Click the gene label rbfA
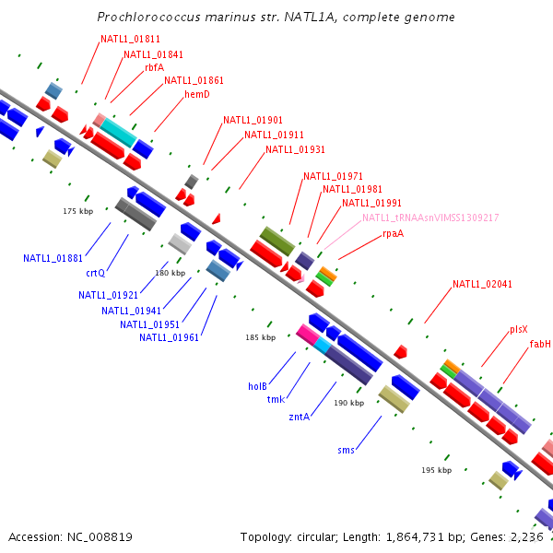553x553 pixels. coord(154,67)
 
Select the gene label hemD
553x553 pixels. coord(197,94)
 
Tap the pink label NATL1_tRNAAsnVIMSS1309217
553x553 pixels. coord(430,218)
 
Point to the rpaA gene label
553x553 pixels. coord(393,233)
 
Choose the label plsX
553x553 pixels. coord(519,329)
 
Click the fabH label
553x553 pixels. coord(540,344)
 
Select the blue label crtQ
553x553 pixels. coord(96,273)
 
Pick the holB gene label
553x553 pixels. coord(257,386)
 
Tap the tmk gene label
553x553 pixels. coord(276,399)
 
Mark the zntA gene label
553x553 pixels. coord(299,417)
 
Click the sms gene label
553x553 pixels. coord(346,450)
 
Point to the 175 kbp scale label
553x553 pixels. coord(78,211)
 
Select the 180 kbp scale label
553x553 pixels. coord(171,273)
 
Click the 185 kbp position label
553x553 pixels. coord(260,337)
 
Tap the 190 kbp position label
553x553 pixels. coord(348,403)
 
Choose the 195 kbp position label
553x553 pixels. coord(436,470)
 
